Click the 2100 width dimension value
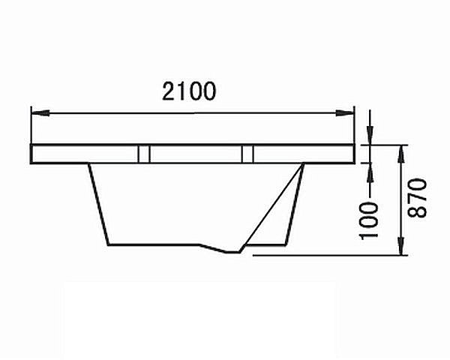[190, 91]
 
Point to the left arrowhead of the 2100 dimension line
[37, 113]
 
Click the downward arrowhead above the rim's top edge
[370, 136]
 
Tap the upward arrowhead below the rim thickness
[370, 170]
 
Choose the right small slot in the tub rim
[247, 154]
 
